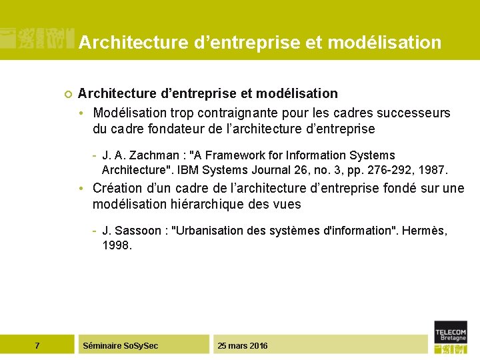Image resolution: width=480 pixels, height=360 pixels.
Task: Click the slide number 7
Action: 37,345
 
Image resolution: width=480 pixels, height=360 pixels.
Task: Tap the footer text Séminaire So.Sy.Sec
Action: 120,345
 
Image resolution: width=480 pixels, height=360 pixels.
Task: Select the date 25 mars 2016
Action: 243,345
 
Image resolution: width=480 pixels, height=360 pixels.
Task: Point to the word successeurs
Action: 413,113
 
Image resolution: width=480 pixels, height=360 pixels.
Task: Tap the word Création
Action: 117,189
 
